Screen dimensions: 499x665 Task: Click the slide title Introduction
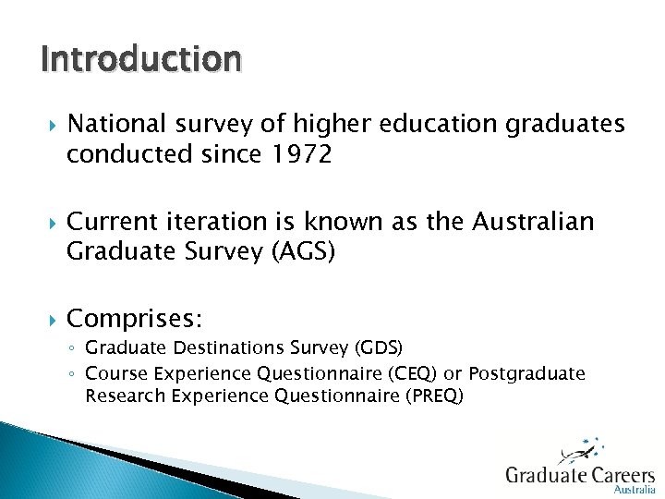(141, 59)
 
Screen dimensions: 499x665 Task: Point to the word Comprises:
(135, 319)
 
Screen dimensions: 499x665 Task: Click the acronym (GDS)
(379, 348)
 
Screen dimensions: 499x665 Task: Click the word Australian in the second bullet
(544, 222)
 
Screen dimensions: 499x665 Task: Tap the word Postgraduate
(526, 373)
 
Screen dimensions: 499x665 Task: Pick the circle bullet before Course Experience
(73, 374)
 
